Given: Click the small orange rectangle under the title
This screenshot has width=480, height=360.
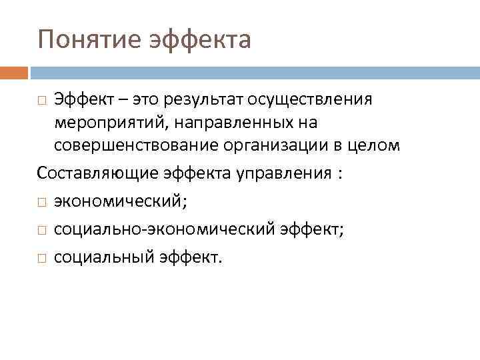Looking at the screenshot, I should click(13, 72).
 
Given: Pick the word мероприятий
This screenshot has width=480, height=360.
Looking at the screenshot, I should click(99, 123).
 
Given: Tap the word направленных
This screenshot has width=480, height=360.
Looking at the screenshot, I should click(213, 123).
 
